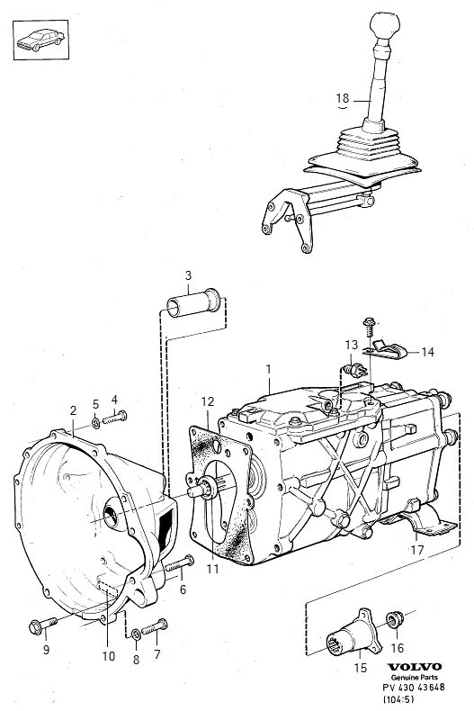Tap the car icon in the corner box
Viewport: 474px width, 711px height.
pyautogui.click(x=40, y=40)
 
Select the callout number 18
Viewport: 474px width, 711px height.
pyautogui.click(x=343, y=98)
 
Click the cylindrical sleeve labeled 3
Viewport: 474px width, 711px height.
pyautogui.click(x=193, y=302)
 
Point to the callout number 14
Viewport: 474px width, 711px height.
pyautogui.click(x=427, y=352)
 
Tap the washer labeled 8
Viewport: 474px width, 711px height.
pyautogui.click(x=136, y=634)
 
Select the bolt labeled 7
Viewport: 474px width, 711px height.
pyautogui.click(x=155, y=627)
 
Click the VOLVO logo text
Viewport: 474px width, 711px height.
pyautogui.click(x=414, y=667)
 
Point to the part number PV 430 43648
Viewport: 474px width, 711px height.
pyautogui.click(x=414, y=687)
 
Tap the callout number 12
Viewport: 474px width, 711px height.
pyautogui.click(x=208, y=401)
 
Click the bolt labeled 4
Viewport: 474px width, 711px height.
pyautogui.click(x=114, y=418)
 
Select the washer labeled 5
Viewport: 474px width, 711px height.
pyautogui.click(x=95, y=423)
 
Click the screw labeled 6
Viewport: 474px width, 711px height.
pyautogui.click(x=180, y=563)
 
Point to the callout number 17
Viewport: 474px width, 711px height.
pyautogui.click(x=417, y=550)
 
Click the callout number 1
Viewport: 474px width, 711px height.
pyautogui.click(x=268, y=369)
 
